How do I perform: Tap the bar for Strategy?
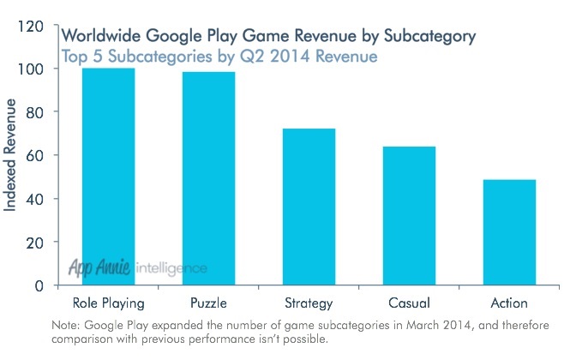click(x=309, y=207)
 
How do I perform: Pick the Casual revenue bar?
click(x=410, y=215)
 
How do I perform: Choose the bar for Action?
click(x=510, y=231)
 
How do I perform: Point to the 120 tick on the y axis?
click(x=31, y=26)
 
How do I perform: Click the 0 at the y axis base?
click(x=39, y=285)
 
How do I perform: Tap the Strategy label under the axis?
click(x=309, y=303)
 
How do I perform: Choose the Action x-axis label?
click(x=510, y=303)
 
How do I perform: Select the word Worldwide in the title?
click(x=99, y=37)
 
